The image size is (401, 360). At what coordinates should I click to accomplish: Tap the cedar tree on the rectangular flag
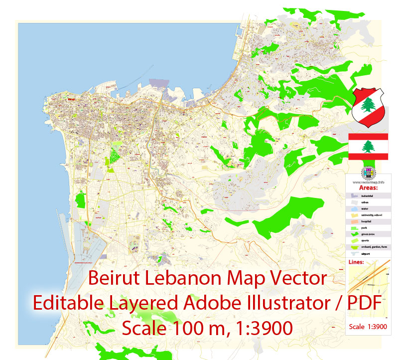tap(369, 146)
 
